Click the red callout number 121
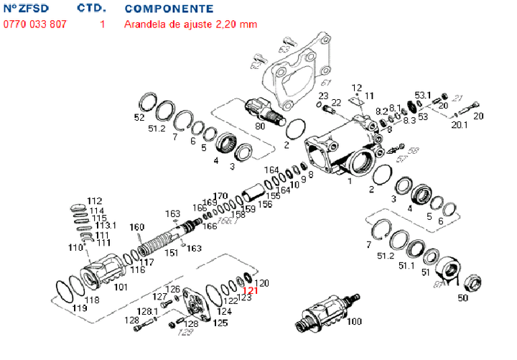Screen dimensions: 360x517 click(249, 291)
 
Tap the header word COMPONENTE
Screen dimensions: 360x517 click(168, 9)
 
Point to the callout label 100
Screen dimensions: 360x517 click(355, 321)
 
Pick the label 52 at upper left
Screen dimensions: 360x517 click(139, 117)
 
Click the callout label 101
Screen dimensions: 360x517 click(121, 287)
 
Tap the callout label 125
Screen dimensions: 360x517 click(221, 323)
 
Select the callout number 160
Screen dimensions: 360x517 click(137, 228)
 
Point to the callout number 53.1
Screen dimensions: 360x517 click(423, 95)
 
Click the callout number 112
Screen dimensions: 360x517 click(95, 200)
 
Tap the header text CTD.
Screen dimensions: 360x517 click(91, 9)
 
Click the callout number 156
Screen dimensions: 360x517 click(266, 204)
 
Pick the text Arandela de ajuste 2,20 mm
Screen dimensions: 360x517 click(190, 24)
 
